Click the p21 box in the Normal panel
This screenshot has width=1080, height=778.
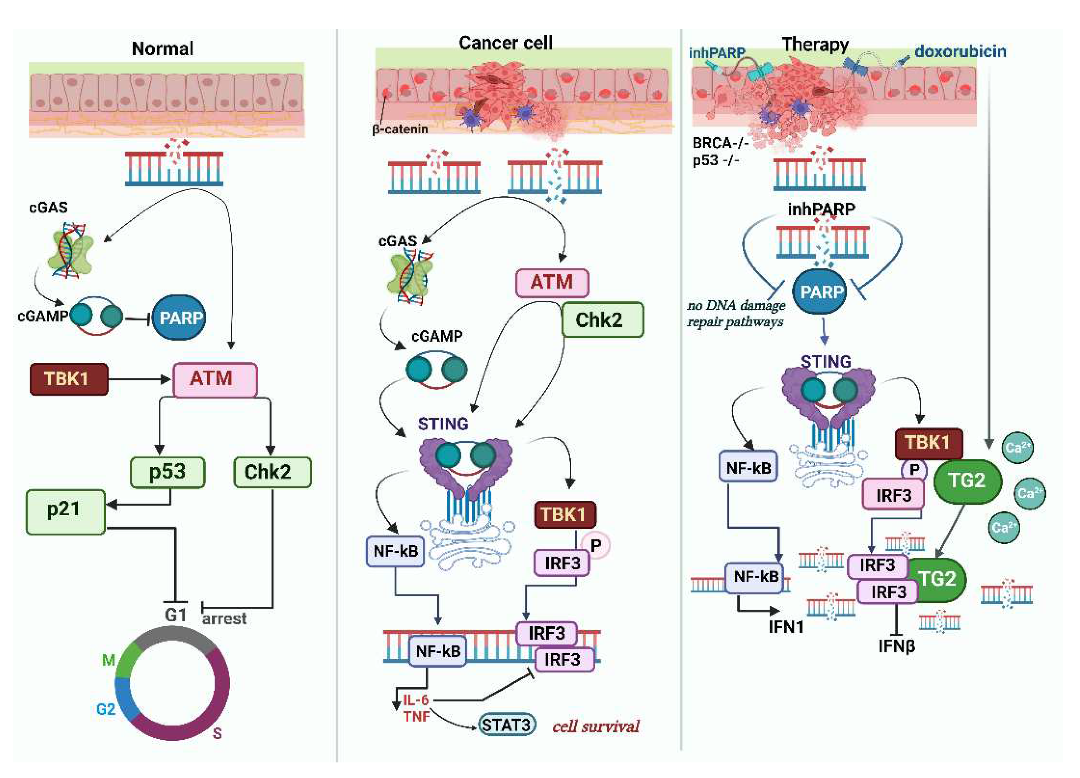tap(65, 512)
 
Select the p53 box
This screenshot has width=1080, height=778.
tap(168, 472)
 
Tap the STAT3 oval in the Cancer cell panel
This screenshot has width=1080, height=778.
tap(506, 725)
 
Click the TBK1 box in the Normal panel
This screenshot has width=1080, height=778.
tap(69, 379)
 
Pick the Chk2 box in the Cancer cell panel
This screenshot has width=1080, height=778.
tap(602, 320)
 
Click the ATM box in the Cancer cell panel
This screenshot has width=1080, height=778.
tap(552, 283)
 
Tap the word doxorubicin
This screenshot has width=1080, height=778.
tap(960, 51)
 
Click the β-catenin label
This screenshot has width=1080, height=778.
tap(399, 129)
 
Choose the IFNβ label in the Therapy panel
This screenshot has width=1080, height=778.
tap(897, 646)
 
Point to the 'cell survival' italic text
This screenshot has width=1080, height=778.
tap(595, 726)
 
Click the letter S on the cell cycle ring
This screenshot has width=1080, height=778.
tap(217, 733)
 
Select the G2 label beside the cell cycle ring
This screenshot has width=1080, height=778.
tap(106, 709)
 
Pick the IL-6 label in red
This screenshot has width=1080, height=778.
tap(416, 700)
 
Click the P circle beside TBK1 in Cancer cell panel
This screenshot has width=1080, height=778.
tap(595, 546)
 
